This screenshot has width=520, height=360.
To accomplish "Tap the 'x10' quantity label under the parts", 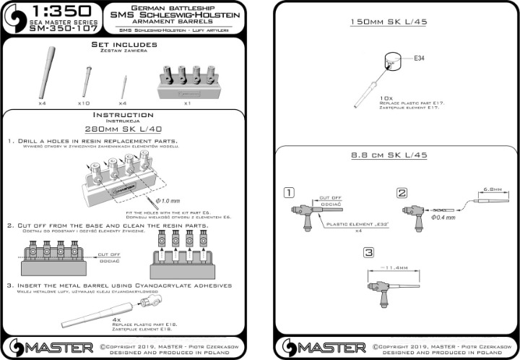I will click(x=83, y=103).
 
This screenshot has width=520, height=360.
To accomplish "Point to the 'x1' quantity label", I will click(x=187, y=103).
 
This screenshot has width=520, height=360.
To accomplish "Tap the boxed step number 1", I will click(x=289, y=192).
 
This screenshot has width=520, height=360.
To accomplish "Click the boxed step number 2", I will click(x=401, y=192).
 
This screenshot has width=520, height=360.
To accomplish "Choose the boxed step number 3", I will click(x=368, y=252).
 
